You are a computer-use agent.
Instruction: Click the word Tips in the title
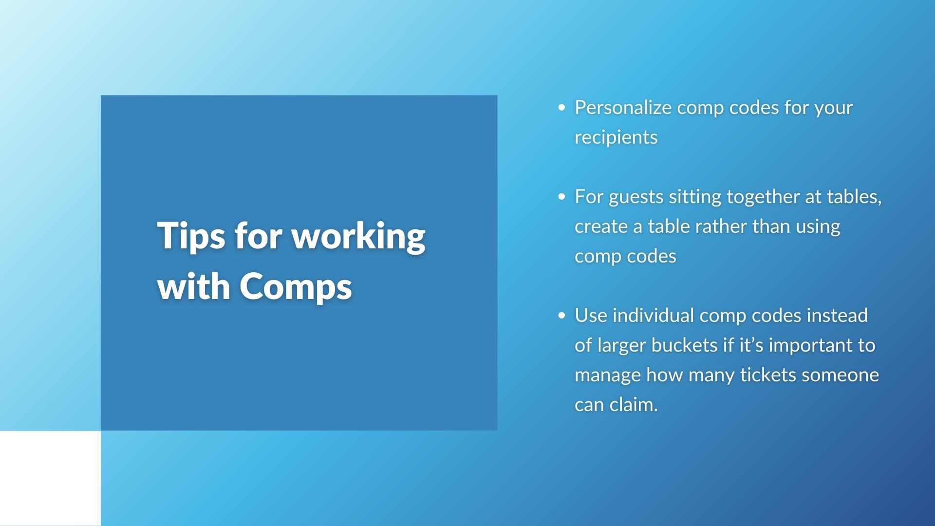[191, 237]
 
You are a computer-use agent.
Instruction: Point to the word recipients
[616, 138]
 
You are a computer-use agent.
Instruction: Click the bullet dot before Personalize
[562, 108]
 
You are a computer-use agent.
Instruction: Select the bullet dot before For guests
[562, 197]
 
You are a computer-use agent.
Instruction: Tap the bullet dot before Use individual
[562, 316]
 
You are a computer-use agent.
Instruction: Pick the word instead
[837, 316]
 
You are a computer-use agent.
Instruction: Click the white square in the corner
[50, 478]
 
